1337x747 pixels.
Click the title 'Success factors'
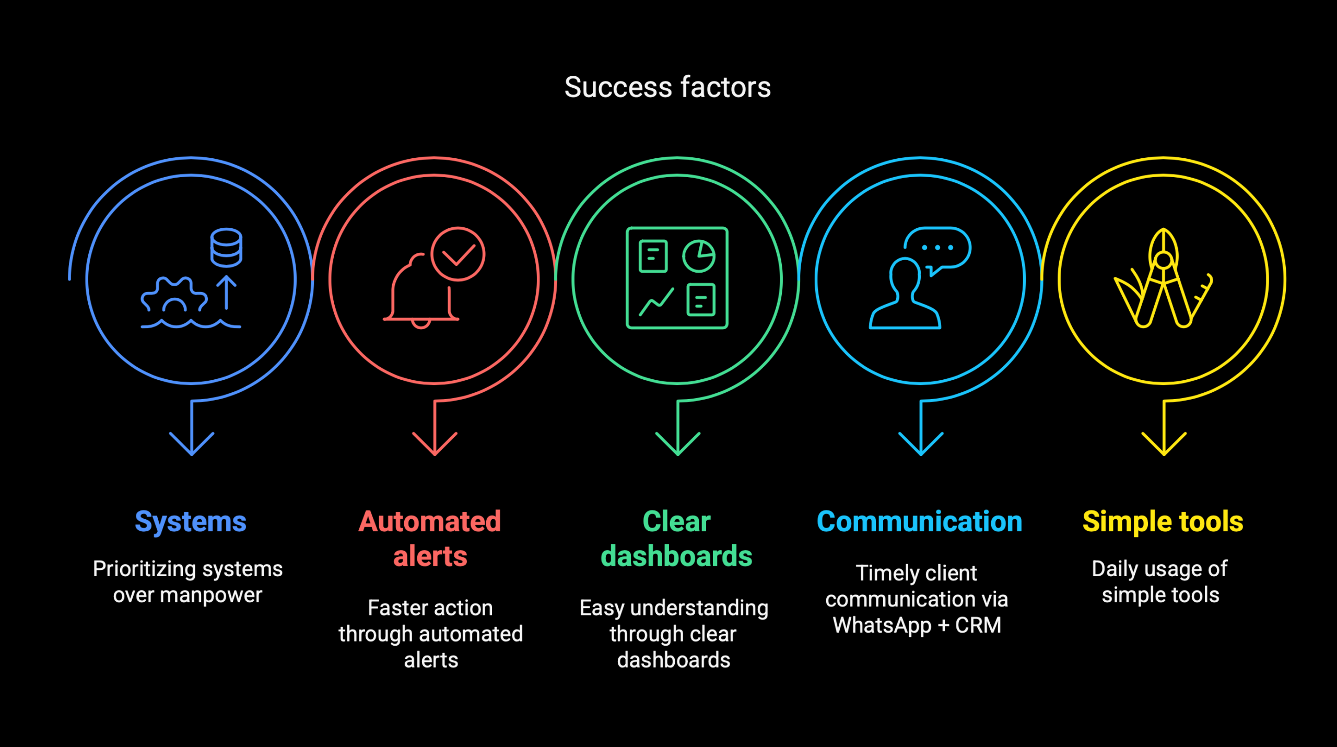[x=667, y=87]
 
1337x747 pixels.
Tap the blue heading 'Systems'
[x=191, y=522]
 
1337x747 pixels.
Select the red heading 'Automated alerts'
[x=430, y=539]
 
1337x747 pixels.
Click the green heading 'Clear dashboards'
[x=676, y=539]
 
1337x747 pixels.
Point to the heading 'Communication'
[x=920, y=521]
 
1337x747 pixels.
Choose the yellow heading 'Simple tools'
[x=1163, y=521]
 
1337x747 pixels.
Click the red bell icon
[x=421, y=290]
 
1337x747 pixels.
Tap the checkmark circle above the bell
[x=458, y=254]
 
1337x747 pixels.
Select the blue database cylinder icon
[x=226, y=247]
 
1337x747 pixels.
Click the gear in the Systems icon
[x=174, y=295]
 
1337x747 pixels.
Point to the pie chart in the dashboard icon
[x=699, y=256]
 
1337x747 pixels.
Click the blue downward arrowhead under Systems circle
[x=192, y=443]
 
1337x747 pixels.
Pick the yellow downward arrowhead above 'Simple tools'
[x=1164, y=443]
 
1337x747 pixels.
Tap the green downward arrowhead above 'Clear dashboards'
[x=678, y=443]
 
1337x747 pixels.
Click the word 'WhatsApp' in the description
[x=882, y=626]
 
